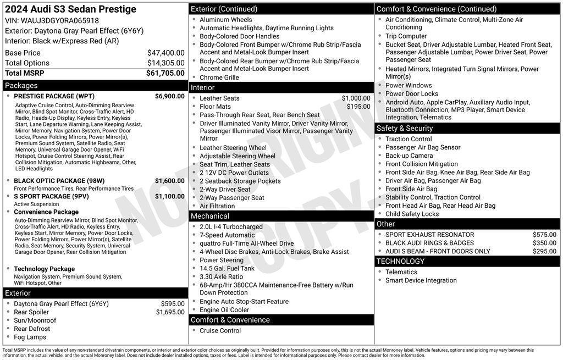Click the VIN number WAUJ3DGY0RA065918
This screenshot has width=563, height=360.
point(60,21)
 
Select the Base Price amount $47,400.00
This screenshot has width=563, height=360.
point(165,53)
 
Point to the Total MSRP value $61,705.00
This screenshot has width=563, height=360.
point(165,73)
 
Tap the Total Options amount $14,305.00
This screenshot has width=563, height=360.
point(165,63)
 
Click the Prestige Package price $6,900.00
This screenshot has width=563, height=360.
point(169,96)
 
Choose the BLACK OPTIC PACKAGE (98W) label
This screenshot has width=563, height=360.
point(59,181)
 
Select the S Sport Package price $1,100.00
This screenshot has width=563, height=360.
point(169,196)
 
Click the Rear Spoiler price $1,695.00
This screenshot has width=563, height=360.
point(170,312)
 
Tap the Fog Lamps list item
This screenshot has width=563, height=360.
point(30,337)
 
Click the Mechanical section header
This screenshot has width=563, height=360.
point(210,216)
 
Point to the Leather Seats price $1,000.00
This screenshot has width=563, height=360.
point(356,98)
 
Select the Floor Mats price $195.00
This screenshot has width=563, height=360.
point(358,107)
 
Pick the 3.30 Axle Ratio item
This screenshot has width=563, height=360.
point(221,277)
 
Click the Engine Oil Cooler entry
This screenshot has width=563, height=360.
point(224,310)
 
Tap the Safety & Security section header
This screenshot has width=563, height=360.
point(405,128)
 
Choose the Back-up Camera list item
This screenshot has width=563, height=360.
point(409,156)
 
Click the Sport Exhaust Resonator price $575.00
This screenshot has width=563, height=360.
point(544,235)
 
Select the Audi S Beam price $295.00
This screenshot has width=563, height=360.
point(544,251)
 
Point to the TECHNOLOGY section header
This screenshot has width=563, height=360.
point(401,261)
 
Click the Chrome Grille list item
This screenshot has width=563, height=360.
point(219,77)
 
